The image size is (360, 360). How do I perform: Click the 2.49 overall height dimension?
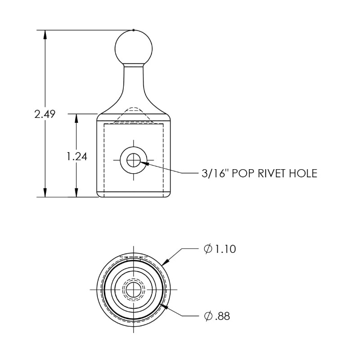[x=45, y=114]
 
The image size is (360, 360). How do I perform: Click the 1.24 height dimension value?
[x=76, y=156]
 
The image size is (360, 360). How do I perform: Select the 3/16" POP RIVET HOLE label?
[x=260, y=173]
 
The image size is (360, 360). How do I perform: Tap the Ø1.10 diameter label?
[x=220, y=249]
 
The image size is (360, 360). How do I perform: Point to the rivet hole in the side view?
[x=134, y=159]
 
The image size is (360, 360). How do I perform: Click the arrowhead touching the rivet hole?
[x=145, y=163]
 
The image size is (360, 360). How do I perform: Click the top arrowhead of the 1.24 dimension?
[x=76, y=118]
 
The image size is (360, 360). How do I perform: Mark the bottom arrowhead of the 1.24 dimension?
[x=76, y=192]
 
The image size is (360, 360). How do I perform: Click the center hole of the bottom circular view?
[x=134, y=289]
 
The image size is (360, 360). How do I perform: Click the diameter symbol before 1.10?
[x=207, y=249]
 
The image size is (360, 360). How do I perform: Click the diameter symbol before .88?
[x=207, y=316]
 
